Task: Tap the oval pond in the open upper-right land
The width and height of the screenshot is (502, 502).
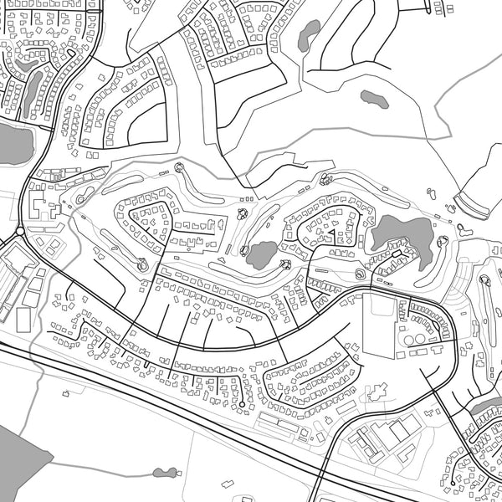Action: tap(374, 98)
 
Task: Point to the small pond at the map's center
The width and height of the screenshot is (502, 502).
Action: tap(262, 254)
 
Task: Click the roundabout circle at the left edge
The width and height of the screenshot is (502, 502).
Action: tap(18, 231)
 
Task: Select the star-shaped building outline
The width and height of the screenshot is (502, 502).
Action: tap(377, 390)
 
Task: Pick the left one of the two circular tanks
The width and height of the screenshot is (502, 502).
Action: tap(409, 341)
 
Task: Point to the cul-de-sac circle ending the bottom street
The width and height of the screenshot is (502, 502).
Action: tap(242, 405)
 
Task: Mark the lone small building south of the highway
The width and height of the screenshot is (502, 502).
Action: tap(225, 483)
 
